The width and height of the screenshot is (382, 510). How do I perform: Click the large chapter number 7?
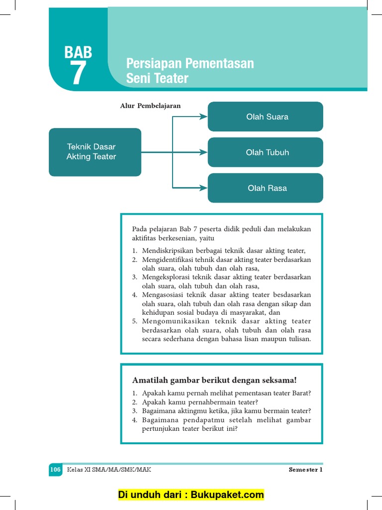pos(78,73)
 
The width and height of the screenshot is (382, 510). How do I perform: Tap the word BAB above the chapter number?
pos(78,52)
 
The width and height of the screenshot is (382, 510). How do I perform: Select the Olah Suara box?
pos(266,117)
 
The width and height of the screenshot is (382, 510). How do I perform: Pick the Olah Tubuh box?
pos(266,152)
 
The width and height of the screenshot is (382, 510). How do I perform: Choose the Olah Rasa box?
pos(266,188)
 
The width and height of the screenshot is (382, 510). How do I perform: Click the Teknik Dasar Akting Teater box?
pos(95,152)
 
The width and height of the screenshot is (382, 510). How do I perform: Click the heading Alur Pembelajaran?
pos(150,106)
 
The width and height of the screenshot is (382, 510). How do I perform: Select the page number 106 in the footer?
pos(55,470)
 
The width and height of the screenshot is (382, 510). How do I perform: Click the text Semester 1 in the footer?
pos(305,470)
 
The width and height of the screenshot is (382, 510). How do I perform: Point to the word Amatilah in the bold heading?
pos(149,380)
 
